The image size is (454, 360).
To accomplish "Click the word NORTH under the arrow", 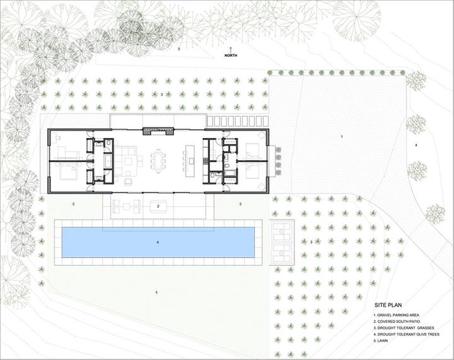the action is click(231, 55).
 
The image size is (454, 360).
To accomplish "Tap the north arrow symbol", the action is click(231, 49).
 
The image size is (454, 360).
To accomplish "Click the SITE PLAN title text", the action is click(388, 305).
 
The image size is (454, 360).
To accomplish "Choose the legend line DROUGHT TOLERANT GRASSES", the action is click(404, 328).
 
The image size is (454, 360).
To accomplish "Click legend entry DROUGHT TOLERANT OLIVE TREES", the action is click(406, 334).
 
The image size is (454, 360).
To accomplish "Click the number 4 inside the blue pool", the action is click(158, 242).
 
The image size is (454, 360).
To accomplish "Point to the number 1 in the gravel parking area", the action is click(342, 136).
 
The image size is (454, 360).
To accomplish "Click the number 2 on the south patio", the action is click(158, 206).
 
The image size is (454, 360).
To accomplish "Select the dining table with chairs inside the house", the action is click(158, 161).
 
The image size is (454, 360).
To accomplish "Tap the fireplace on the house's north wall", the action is click(158, 132).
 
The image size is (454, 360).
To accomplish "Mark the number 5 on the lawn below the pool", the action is click(156, 293).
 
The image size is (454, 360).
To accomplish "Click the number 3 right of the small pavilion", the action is click(311, 242).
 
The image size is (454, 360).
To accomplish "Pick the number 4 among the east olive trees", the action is click(416, 145).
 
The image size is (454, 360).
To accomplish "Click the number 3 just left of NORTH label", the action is click(178, 49).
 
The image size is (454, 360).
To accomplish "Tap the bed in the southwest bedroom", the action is click(68, 173).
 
